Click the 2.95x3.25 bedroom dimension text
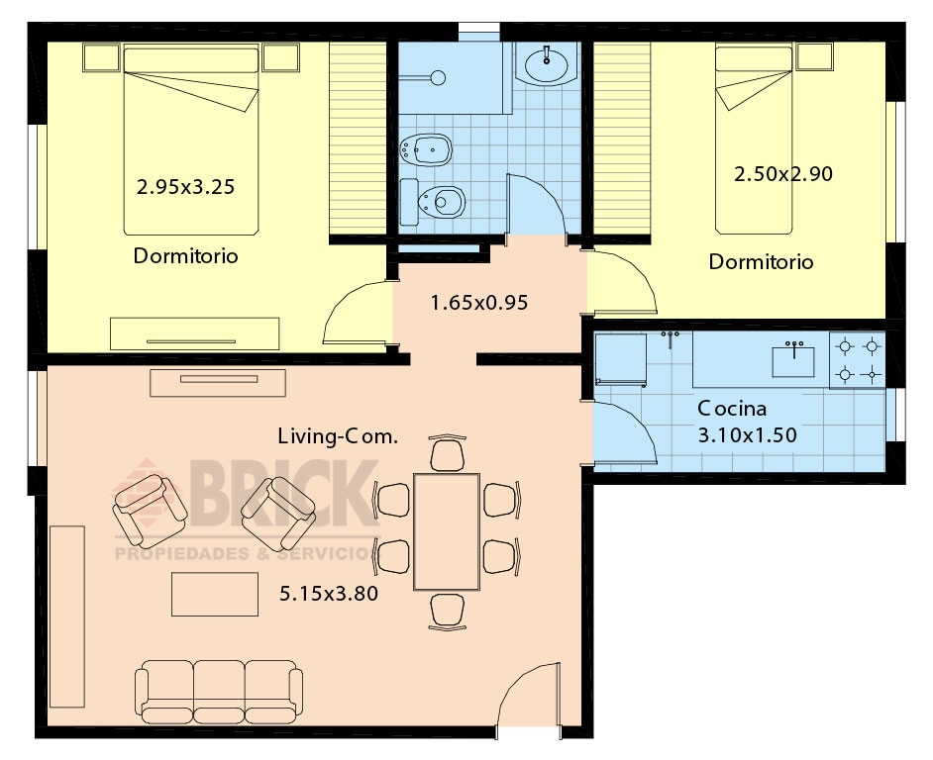185,187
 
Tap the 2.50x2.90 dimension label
783,173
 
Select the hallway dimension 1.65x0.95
479,303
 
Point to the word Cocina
732,409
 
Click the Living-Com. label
338,436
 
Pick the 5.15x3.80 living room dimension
329,594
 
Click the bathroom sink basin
547,62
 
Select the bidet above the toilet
426,149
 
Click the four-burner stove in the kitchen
858,360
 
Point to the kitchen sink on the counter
793,361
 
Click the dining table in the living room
447,531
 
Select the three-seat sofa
219,692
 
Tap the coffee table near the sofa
215,594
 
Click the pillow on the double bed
191,60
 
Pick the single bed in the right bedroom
754,141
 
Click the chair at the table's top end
447,453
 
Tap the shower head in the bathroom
439,77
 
